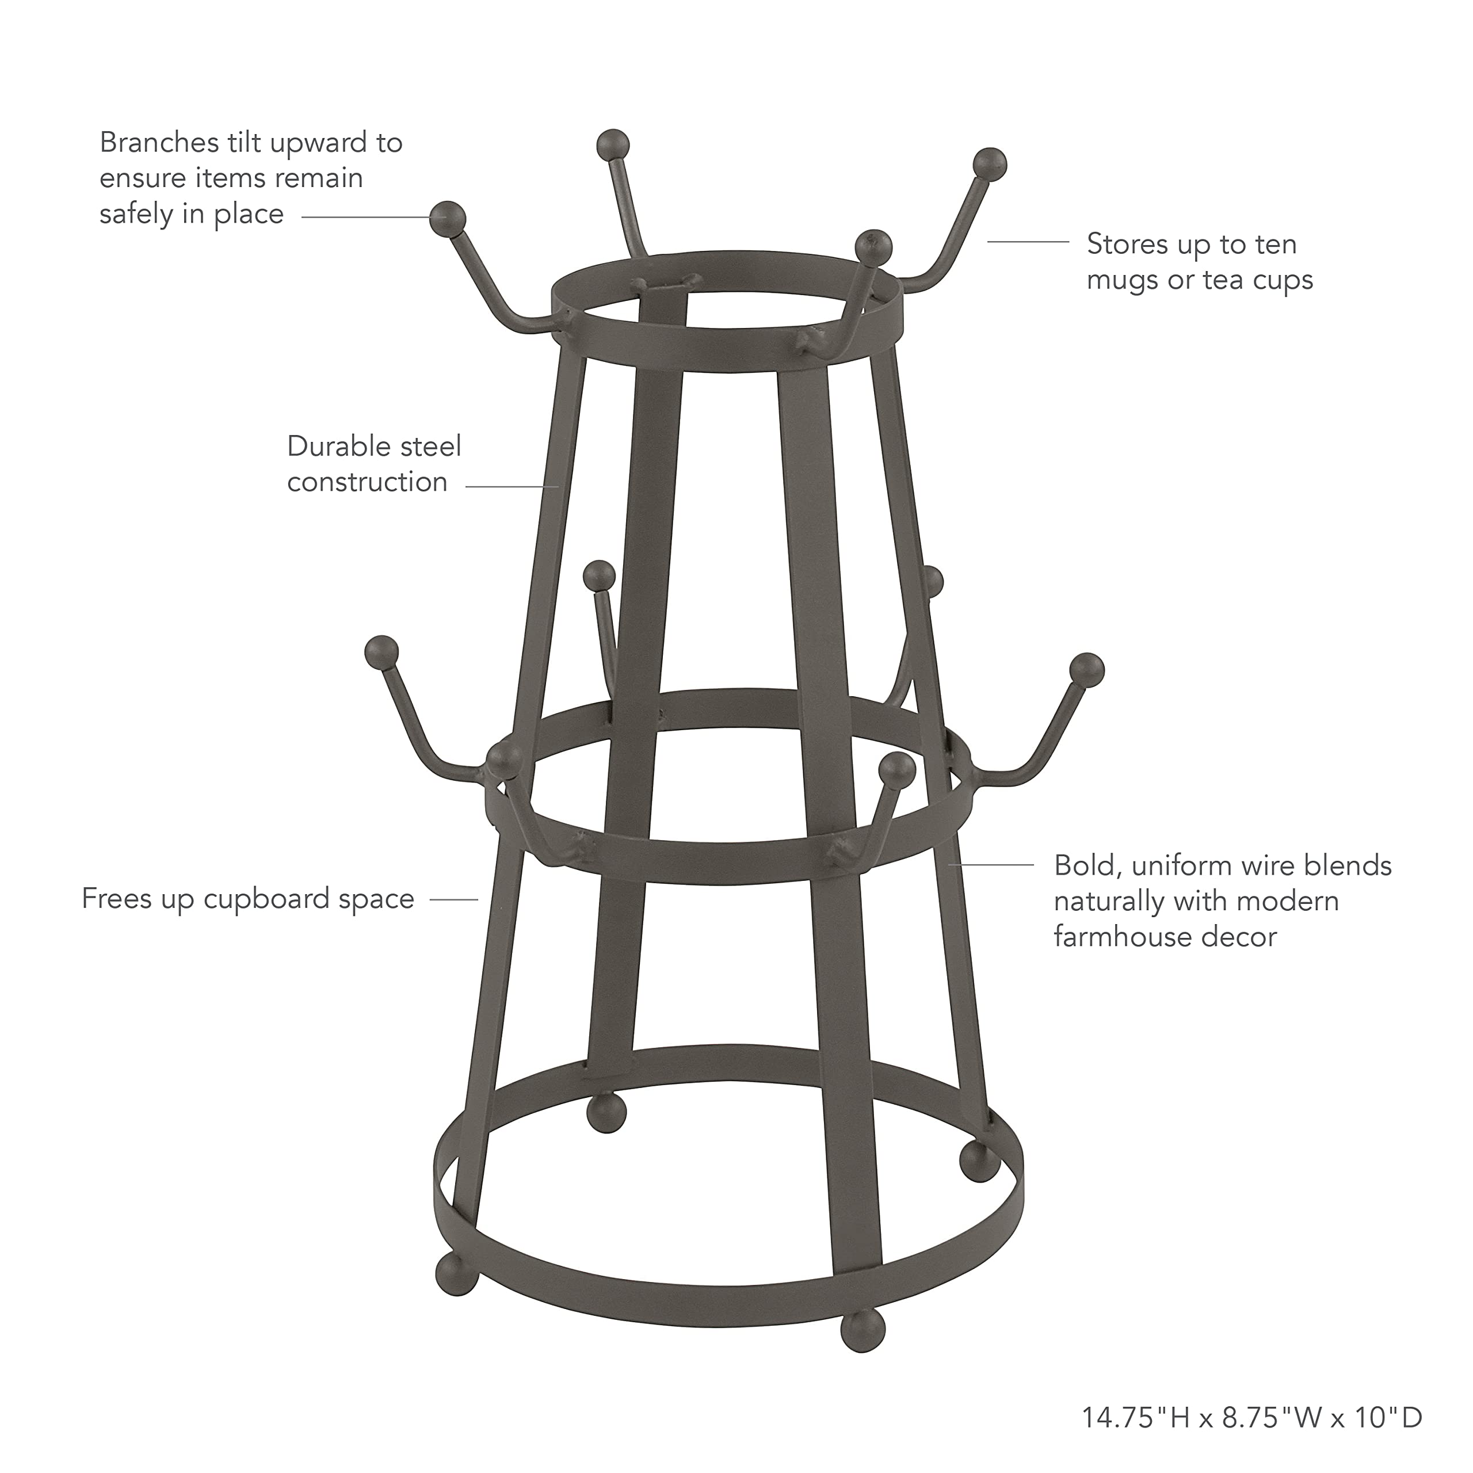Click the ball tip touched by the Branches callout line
click(448, 219)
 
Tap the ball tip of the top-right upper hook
click(990, 165)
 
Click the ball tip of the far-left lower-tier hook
click(381, 652)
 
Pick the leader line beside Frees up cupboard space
click(455, 900)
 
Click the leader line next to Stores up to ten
click(1028, 242)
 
